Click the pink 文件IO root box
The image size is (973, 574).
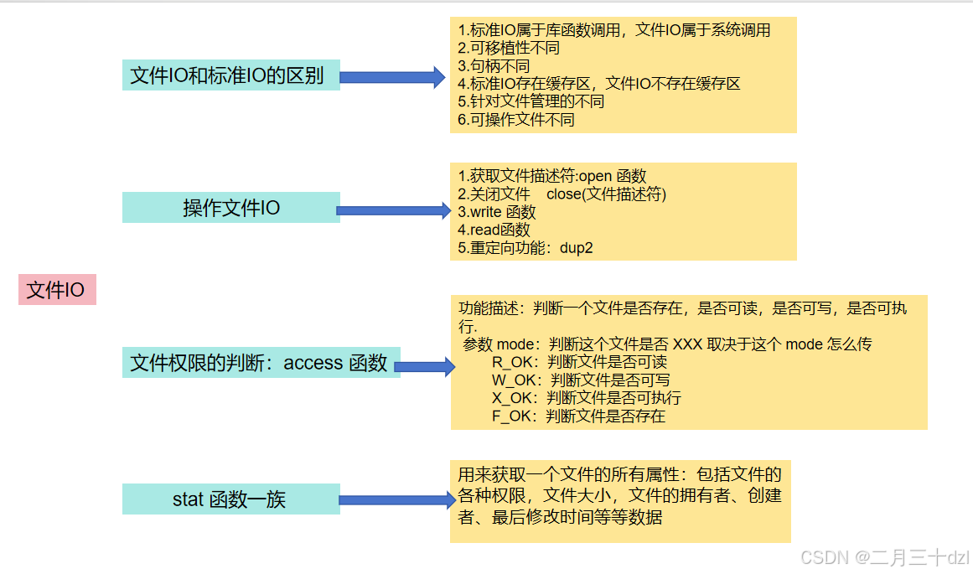pyautogui.click(x=57, y=290)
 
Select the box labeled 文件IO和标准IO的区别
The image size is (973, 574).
pyautogui.click(x=230, y=75)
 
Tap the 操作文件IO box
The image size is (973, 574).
pyautogui.click(x=230, y=207)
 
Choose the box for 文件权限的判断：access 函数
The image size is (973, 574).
pyautogui.click(x=261, y=362)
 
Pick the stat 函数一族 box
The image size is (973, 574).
pyautogui.click(x=230, y=499)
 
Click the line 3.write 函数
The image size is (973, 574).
pyautogui.click(x=497, y=212)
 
